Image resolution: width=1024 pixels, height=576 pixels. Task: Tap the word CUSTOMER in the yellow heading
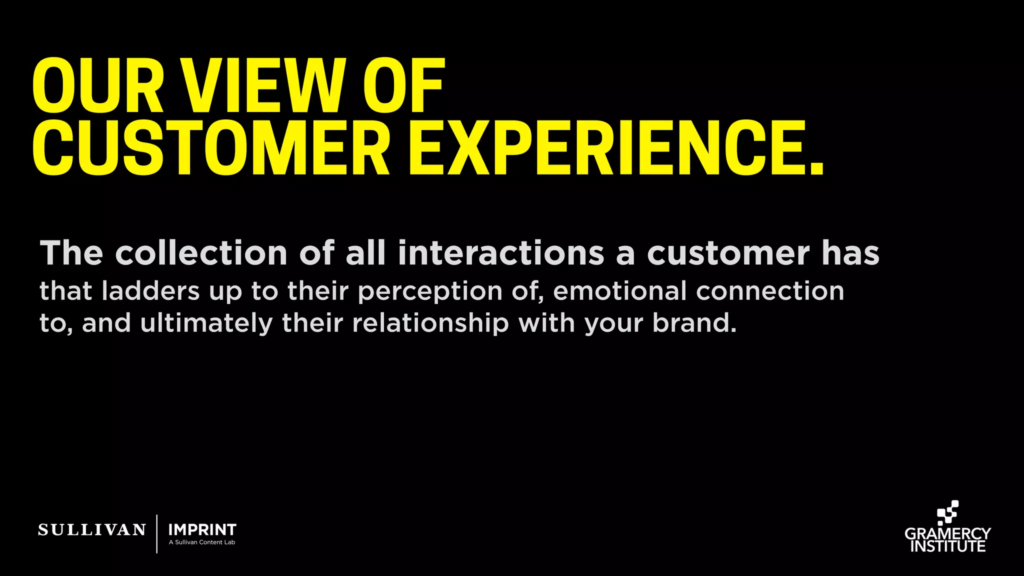(210, 148)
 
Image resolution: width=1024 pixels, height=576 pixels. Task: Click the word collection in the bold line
(201, 253)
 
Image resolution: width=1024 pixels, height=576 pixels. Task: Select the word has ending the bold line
(850, 253)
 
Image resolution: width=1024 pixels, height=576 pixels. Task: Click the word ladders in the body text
(150, 291)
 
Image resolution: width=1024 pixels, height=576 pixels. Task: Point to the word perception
(430, 292)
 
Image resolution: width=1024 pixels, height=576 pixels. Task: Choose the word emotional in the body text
(620, 291)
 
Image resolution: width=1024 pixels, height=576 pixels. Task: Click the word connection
(770, 291)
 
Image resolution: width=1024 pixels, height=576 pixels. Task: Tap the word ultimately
(206, 323)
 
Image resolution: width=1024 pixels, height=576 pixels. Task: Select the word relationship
(430, 323)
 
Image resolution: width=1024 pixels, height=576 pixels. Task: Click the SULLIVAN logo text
(92, 530)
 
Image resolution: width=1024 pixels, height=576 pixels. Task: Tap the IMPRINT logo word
(202, 529)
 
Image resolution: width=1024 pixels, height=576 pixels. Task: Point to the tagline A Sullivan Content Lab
(202, 542)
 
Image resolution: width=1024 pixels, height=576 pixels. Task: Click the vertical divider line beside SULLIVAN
(157, 533)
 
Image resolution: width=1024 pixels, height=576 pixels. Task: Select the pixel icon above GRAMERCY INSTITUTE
(947, 513)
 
